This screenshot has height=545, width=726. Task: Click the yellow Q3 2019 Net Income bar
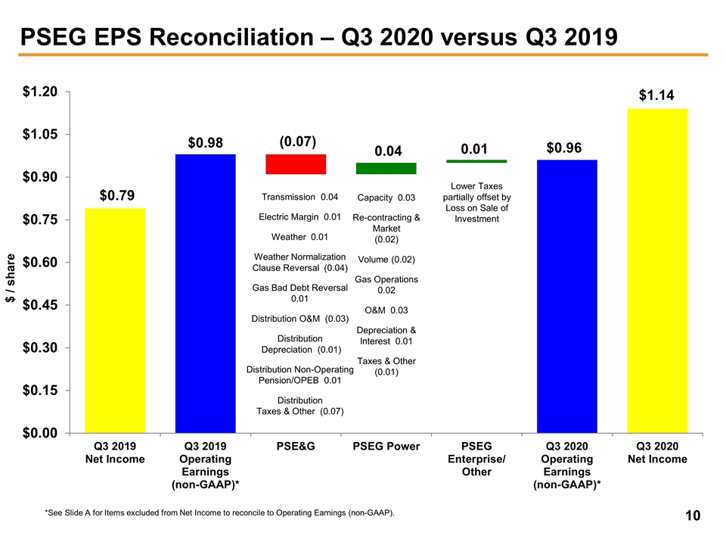click(114, 320)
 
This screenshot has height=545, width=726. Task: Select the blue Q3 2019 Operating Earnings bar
click(205, 294)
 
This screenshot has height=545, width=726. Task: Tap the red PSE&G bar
click(296, 164)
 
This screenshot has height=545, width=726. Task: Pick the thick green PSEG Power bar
click(386, 168)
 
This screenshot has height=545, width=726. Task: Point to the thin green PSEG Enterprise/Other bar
click(476, 161)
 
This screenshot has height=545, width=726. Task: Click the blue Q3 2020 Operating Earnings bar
click(567, 297)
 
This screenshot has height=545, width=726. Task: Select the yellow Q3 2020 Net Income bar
click(657, 271)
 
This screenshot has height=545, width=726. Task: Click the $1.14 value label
click(657, 95)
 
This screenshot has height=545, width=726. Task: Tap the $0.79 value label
click(118, 196)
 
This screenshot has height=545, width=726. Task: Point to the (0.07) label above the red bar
click(297, 142)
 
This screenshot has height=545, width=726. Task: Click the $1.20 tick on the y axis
click(40, 92)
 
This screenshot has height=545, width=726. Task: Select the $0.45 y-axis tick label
click(40, 305)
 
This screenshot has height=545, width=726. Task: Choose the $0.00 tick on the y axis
click(40, 433)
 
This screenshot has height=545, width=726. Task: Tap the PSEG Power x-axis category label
click(386, 447)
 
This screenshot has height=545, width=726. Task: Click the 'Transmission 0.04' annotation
click(299, 198)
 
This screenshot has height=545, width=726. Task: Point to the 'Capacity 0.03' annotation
click(386, 198)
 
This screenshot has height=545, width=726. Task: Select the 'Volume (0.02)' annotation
click(386, 260)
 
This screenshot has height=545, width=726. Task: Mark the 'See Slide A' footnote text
click(219, 514)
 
